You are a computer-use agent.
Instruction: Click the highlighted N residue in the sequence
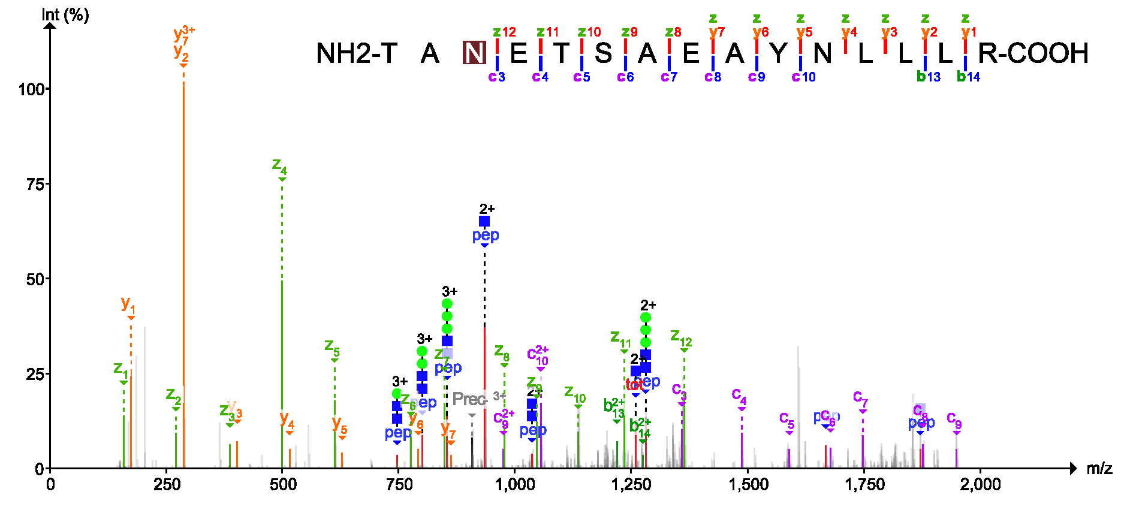pos(474,53)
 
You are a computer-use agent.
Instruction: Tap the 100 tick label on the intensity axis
pos(31,89)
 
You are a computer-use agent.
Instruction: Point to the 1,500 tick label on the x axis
pos(748,485)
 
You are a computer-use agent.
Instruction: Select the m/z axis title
pos(1099,469)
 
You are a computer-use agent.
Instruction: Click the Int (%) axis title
pos(65,14)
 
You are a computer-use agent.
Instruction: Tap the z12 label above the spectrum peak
pos(681,337)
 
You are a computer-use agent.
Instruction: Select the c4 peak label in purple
pos(739,396)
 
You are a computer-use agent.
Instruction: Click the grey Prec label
pos(468,399)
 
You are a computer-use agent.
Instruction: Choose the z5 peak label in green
pos(332,346)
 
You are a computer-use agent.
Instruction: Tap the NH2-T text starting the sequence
pos(356,54)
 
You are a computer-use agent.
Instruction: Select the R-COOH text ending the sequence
pos(1033,54)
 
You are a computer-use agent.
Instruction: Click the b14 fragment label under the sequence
pos(968,77)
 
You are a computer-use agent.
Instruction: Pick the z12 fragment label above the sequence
pos(504,32)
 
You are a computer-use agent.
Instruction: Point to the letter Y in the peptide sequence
pos(778,54)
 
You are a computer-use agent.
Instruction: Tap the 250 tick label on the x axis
pos(166,485)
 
